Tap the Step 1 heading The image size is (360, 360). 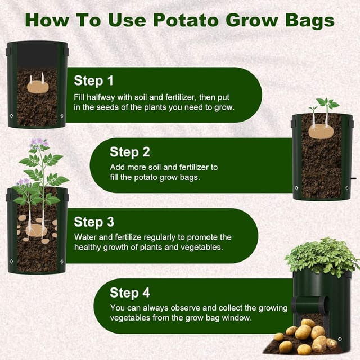coord(93,80)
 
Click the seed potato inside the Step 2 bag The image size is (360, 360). coord(321,131)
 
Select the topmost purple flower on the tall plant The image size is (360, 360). coord(39,142)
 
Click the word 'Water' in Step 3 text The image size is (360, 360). coord(85,238)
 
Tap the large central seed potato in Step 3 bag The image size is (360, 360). coord(37,229)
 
